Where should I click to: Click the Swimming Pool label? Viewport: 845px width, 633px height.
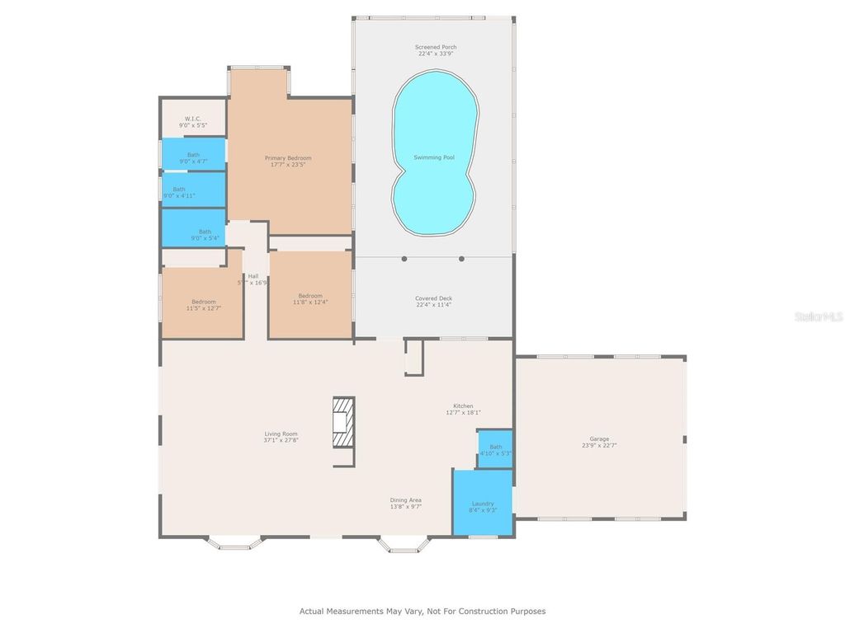point(434,157)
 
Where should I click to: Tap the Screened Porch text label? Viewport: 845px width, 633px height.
point(435,48)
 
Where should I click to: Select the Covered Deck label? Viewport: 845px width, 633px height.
point(433,298)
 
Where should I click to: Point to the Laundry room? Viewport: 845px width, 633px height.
point(483,504)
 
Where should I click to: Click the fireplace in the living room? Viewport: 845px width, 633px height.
point(343,421)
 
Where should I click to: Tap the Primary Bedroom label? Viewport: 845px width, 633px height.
point(288,157)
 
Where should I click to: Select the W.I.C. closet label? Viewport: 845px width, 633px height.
point(192,119)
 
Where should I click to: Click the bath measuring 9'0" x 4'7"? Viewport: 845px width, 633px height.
point(193,155)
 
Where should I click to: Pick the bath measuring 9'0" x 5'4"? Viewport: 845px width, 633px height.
point(204,232)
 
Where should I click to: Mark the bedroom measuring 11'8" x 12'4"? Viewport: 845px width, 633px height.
point(310,297)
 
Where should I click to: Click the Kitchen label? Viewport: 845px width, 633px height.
point(463,406)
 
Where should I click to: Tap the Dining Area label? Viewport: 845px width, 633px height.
point(406,499)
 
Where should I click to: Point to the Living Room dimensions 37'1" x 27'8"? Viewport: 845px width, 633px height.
point(281,441)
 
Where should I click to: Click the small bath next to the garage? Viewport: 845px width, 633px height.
point(495,450)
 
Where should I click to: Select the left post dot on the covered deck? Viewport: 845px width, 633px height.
point(404,259)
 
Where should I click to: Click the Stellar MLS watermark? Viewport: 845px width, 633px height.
point(817,316)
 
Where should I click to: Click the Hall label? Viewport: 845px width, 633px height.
point(253,276)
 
